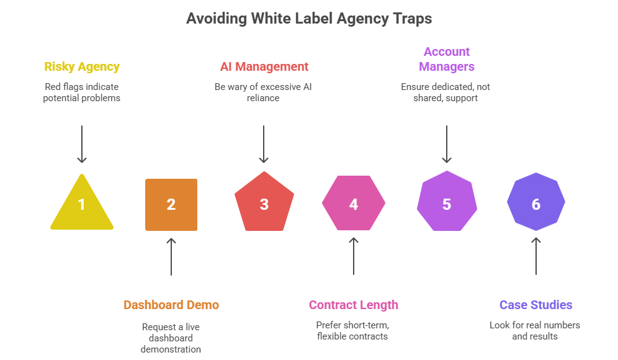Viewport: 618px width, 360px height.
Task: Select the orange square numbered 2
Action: point(171,205)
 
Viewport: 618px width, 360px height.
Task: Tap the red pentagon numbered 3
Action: point(264,204)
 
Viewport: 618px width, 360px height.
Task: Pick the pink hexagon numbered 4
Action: point(354,204)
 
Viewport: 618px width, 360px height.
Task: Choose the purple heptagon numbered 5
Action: point(446,204)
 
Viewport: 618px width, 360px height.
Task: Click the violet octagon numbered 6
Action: point(536,204)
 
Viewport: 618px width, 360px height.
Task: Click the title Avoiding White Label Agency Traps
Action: point(309,19)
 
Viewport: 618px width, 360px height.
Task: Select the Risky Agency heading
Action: point(82,67)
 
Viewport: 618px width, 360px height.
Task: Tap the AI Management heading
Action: point(264,67)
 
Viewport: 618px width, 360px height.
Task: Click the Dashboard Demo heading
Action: point(171,305)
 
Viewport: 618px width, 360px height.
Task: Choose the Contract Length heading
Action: point(354,305)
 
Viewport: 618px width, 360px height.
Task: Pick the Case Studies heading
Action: point(536,305)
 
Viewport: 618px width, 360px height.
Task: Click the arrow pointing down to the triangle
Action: point(82,144)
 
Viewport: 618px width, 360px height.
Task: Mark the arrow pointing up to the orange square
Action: point(172,256)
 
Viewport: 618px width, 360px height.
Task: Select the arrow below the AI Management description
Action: point(264,144)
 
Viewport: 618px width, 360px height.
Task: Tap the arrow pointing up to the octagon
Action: point(536,256)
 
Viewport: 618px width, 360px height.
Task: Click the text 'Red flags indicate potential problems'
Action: point(82,92)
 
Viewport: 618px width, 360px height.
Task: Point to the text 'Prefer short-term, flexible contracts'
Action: point(352,330)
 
